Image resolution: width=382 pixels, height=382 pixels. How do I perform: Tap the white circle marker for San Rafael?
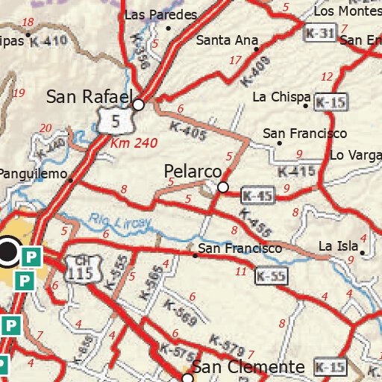pyautogui.click(x=138, y=105)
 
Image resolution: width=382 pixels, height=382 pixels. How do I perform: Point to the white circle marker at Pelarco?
pyautogui.click(x=222, y=187)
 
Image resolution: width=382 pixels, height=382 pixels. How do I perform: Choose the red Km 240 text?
pyautogui.click(x=131, y=142)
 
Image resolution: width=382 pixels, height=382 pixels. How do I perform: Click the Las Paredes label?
pyautogui.click(x=161, y=15)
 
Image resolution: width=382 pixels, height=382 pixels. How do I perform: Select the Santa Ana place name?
pyautogui.click(x=227, y=40)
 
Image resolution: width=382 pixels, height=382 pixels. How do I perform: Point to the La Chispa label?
pyautogui.click(x=281, y=97)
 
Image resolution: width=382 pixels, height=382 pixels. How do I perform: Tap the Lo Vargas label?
pyautogui.click(x=355, y=155)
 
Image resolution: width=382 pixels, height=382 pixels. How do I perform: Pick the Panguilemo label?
pyautogui.click(x=34, y=173)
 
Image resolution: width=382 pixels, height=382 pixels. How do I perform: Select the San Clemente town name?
pyautogui.click(x=248, y=367)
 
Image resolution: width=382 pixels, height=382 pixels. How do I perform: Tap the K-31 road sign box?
pyautogui.click(x=319, y=34)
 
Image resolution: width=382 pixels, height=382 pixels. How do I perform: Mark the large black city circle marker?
pyautogui.click(x=9, y=252)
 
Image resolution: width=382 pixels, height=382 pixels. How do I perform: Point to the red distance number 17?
pyautogui.click(x=236, y=60)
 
